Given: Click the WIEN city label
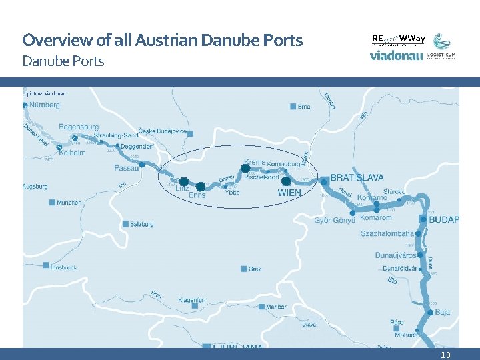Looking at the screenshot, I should click(x=289, y=193).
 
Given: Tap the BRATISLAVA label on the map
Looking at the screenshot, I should click(x=357, y=178).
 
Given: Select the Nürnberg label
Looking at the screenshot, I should click(x=45, y=105).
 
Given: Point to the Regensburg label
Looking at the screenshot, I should click(x=79, y=127).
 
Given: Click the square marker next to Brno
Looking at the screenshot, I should click(x=293, y=107).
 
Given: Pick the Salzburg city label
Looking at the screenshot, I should click(x=141, y=224).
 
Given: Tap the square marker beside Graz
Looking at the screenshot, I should click(x=243, y=269).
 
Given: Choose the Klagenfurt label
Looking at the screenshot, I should click(x=192, y=300).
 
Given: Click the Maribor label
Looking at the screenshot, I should click(x=275, y=307).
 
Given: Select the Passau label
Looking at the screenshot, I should click(x=127, y=169).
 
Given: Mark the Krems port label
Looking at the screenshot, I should click(x=255, y=162).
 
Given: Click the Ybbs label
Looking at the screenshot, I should click(x=232, y=193).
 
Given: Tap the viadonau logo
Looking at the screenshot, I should click(x=396, y=56).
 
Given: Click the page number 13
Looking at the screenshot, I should click(x=445, y=355).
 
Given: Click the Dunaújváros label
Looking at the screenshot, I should click(x=395, y=255).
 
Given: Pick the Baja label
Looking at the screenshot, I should click(x=443, y=311).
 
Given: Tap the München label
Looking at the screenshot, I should click(x=69, y=203).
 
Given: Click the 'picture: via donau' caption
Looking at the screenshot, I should click(x=47, y=93).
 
